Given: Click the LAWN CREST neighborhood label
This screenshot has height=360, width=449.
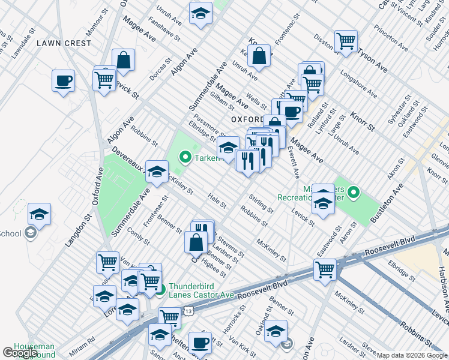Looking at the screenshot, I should point(64,43).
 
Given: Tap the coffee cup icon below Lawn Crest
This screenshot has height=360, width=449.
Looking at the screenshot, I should point(63,80).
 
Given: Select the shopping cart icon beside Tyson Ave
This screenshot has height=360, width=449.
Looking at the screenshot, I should point(346,41).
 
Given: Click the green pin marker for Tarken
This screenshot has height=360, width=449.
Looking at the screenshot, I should point(185,158).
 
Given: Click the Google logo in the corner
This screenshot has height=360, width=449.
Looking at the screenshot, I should point(20,353).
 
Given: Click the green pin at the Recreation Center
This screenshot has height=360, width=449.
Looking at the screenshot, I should point(354,193).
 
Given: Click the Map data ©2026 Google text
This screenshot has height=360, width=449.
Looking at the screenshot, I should point(412,356).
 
